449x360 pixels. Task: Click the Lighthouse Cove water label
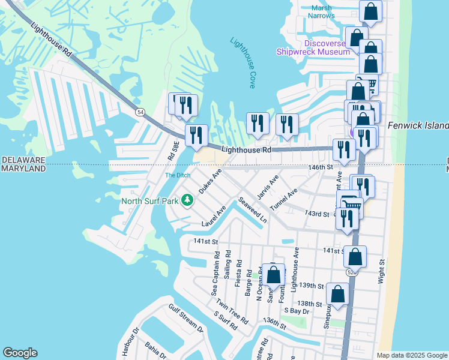coord(244,63)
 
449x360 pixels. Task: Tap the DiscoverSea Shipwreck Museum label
coord(313,48)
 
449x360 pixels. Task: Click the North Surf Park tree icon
coord(187,200)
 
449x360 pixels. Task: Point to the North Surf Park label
coord(150,200)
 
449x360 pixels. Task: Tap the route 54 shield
coord(140,112)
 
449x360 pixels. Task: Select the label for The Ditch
coord(176,176)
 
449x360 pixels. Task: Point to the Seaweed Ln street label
coord(252,211)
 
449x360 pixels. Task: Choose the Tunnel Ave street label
coord(284,199)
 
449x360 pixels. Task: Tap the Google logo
coord(20,353)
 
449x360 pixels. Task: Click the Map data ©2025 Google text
coord(412,355)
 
